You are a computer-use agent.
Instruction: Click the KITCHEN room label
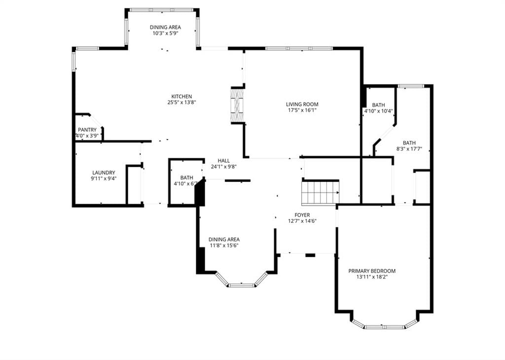181,96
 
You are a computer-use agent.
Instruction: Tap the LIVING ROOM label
302,105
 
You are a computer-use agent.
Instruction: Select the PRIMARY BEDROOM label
372,271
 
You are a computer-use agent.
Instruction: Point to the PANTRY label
87,130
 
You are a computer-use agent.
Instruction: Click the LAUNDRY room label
104,173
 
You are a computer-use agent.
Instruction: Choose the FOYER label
302,215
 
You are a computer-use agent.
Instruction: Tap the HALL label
223,161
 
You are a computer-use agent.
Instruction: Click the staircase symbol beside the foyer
320,192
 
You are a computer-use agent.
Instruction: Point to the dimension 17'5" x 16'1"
302,110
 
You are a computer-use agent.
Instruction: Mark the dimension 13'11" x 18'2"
372,277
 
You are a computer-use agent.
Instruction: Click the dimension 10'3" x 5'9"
165,33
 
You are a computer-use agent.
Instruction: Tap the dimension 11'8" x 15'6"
224,246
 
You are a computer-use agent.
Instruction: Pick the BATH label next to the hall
186,178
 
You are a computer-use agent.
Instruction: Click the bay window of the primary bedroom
384,324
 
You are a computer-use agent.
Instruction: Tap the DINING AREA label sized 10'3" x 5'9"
165,28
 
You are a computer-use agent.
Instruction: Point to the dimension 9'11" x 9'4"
104,179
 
